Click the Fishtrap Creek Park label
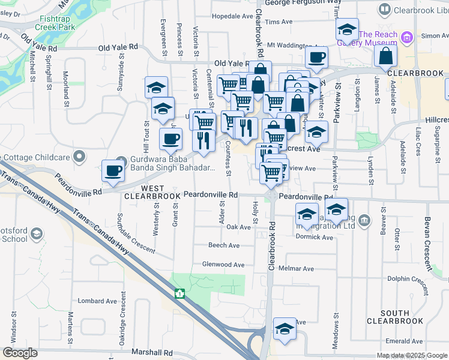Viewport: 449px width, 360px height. tap(55, 23)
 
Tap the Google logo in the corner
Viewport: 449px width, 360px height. tap(20, 353)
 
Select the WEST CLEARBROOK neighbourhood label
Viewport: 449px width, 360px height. tap(152, 192)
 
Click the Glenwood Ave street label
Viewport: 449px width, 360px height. tap(223, 265)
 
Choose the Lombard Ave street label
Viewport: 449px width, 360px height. tap(97, 301)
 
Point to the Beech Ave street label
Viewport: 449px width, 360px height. tap(223, 245)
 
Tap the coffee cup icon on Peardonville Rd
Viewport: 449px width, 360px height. tap(113, 170)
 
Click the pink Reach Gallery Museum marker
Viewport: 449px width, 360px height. tap(408, 38)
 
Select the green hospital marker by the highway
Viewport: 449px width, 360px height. tap(178, 293)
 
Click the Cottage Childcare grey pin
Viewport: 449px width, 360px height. tap(79, 157)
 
